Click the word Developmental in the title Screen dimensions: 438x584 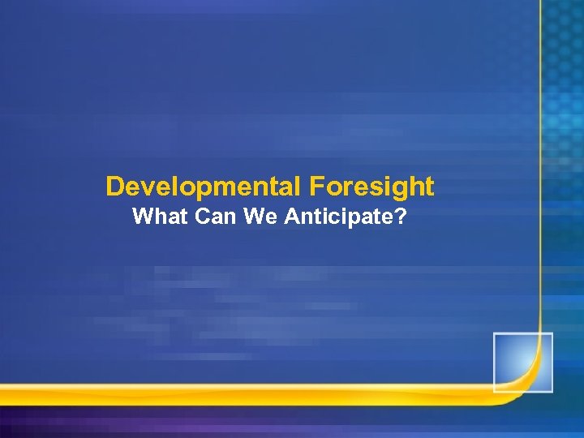pos(204,187)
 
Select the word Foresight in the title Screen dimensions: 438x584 pos(371,187)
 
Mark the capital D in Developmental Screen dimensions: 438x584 pos(114,187)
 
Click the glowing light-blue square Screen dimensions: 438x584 pos(522,362)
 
